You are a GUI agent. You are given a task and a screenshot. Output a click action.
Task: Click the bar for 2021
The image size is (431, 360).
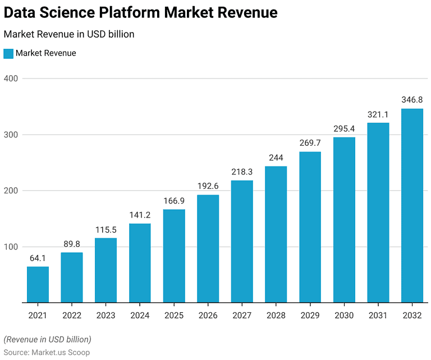(38, 284)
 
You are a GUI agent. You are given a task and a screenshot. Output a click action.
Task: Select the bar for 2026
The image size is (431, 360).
(208, 248)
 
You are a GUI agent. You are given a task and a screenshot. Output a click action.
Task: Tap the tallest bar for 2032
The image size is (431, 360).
(412, 205)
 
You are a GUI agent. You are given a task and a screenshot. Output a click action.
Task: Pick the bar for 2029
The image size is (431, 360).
(310, 227)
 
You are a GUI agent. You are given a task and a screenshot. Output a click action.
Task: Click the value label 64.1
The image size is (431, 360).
(38, 259)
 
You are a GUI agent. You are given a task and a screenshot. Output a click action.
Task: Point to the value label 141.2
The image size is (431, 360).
(140, 215)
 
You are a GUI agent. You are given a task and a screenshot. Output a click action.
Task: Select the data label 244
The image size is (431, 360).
(276, 158)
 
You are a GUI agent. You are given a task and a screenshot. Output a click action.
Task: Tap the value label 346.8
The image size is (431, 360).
(412, 100)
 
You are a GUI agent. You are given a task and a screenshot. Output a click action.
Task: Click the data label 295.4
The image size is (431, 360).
(344, 129)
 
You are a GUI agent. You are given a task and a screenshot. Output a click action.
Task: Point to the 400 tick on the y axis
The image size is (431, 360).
(11, 79)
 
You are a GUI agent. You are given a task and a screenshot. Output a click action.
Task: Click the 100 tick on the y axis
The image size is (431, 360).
(11, 247)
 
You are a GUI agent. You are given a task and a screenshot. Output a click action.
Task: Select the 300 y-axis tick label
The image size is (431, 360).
(11, 135)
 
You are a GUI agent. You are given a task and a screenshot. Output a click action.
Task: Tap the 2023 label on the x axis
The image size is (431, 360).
(106, 316)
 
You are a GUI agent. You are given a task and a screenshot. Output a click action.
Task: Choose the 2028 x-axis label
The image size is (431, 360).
(276, 316)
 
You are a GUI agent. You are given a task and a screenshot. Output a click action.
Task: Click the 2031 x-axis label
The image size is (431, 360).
(378, 316)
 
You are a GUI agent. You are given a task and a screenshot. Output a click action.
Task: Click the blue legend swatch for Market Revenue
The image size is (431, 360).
(8, 53)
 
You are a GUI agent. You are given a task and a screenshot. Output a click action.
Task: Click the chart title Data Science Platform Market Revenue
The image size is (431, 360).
(140, 12)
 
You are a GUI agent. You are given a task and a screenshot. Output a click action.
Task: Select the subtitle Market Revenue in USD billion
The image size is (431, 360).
(69, 34)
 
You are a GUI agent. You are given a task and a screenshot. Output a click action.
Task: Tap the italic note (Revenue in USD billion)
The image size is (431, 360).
(47, 339)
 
